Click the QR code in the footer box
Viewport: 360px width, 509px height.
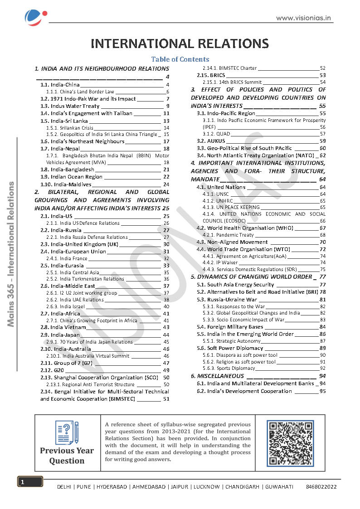click(290, 443)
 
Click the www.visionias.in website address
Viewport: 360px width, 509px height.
click(303, 18)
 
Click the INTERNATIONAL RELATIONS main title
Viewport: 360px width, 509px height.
click(180, 44)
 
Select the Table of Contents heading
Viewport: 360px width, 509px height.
click(180, 59)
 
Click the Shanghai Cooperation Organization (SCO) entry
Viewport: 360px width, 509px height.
click(99, 377)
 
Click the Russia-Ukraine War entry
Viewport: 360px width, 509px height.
click(227, 300)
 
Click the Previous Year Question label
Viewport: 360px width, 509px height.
click(67, 456)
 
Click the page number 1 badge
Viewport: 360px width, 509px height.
click(30, 482)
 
